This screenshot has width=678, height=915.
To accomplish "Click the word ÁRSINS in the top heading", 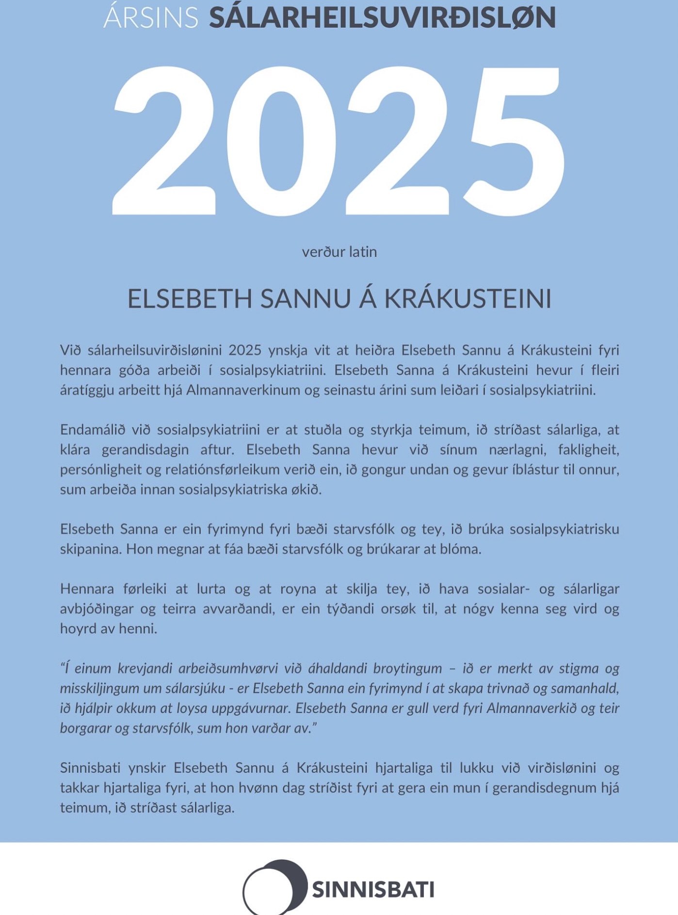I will pyautogui.click(x=151, y=18).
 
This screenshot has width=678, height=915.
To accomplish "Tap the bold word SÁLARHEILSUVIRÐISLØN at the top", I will pyautogui.click(x=382, y=18).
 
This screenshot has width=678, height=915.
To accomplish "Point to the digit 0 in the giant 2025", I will pyautogui.click(x=281, y=141).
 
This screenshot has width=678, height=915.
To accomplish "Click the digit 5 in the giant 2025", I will pyautogui.click(x=514, y=141).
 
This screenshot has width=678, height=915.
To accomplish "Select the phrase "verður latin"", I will pyautogui.click(x=339, y=252).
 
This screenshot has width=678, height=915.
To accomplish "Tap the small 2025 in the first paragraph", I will pyautogui.click(x=245, y=350).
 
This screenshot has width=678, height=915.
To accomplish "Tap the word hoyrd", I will pyautogui.click(x=76, y=629).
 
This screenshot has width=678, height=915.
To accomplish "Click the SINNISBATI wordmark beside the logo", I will pyautogui.click(x=373, y=890).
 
